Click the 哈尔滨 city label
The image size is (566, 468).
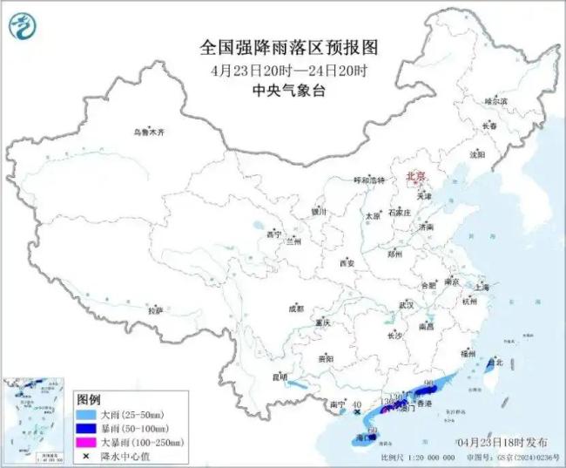(x=495, y=101)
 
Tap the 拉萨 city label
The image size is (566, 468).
(x=155, y=309)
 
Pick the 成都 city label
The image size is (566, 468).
(x=296, y=308)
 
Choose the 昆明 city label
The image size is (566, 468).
(x=280, y=376)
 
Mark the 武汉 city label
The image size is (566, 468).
(x=406, y=305)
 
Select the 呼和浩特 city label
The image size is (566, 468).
(x=367, y=180)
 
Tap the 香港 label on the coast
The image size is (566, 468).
(x=425, y=405)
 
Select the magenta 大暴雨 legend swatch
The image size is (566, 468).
(x=85, y=443)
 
